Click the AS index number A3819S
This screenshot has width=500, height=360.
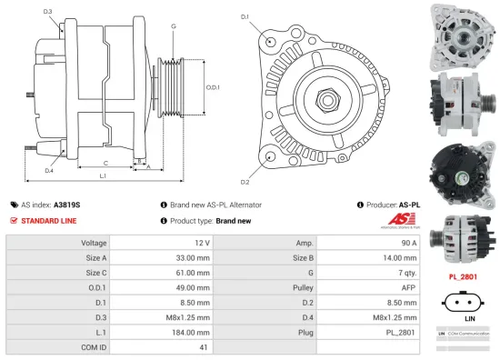tap(66, 205)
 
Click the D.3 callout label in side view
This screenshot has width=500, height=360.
tap(47, 12)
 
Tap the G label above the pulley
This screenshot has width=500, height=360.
tap(173, 27)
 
